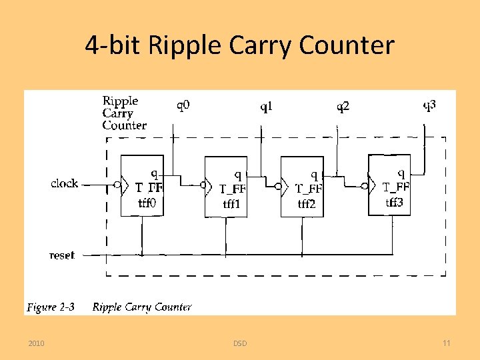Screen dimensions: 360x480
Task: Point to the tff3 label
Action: coord(394,203)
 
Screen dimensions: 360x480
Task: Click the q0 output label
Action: coord(183,105)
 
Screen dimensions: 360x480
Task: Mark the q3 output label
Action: coord(431,105)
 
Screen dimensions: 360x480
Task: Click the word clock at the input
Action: coord(64,183)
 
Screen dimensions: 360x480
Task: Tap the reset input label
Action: coord(62,255)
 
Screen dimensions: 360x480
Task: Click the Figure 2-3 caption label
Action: coord(51,307)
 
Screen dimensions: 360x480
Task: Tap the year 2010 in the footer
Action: coord(37,343)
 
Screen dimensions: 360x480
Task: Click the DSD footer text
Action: coord(240,343)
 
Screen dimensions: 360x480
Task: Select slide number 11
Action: coord(447,343)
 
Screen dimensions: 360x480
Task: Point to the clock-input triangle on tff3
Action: coord(373,186)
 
